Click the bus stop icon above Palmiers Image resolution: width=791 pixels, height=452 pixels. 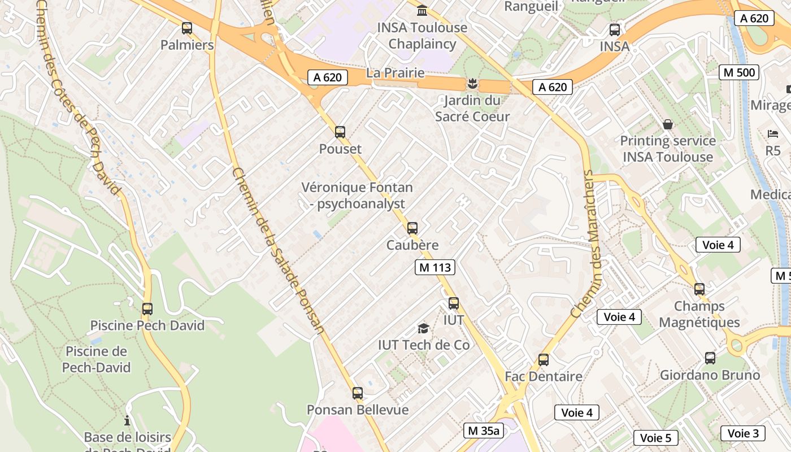pyautogui.click(x=187, y=28)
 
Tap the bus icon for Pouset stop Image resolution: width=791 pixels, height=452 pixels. pyautogui.click(x=340, y=132)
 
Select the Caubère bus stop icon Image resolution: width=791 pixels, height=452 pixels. pyautogui.click(x=412, y=228)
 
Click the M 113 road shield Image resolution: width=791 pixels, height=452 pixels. pyautogui.click(x=435, y=268)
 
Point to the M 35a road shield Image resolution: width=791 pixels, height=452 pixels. pyautogui.click(x=484, y=431)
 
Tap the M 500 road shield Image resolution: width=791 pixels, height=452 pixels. pyautogui.click(x=738, y=72)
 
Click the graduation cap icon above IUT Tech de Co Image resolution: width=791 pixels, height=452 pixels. pyautogui.click(x=423, y=328)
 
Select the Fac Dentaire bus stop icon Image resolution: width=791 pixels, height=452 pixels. pyautogui.click(x=544, y=359)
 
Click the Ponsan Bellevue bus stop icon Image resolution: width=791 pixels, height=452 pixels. pyautogui.click(x=358, y=393)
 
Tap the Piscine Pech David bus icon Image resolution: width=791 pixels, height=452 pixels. pyautogui.click(x=147, y=309)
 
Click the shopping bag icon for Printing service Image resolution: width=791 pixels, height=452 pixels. pyautogui.click(x=668, y=124)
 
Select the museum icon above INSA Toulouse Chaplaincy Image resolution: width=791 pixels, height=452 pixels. pyautogui.click(x=422, y=11)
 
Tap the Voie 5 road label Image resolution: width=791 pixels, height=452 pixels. pyautogui.click(x=655, y=438)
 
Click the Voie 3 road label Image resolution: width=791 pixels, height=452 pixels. pyautogui.click(x=742, y=433)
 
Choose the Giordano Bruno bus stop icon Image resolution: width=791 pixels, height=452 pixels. pyautogui.click(x=710, y=358)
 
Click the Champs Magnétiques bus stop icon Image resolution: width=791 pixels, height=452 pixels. pyautogui.click(x=699, y=289)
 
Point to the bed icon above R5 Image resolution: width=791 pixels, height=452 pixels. pyautogui.click(x=773, y=134)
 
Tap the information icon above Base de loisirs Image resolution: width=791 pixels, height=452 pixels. pyautogui.click(x=127, y=421)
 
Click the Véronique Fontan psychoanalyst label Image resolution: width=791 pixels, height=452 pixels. pyautogui.click(x=357, y=195)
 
